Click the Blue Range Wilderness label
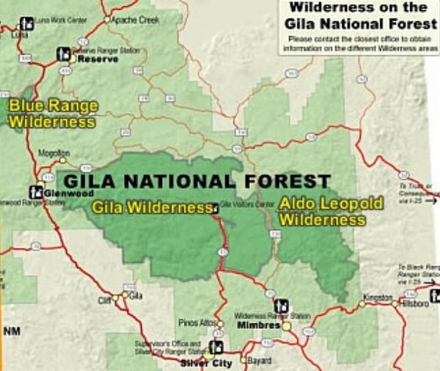click(52, 114)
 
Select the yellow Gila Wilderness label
click(151, 208)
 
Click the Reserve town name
click(98, 58)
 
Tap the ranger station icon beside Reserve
click(64, 54)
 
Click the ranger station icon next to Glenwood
click(35, 192)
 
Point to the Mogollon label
click(54, 154)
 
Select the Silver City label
click(206, 363)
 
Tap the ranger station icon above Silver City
click(216, 347)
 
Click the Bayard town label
click(260, 361)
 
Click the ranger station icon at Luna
click(26, 23)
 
